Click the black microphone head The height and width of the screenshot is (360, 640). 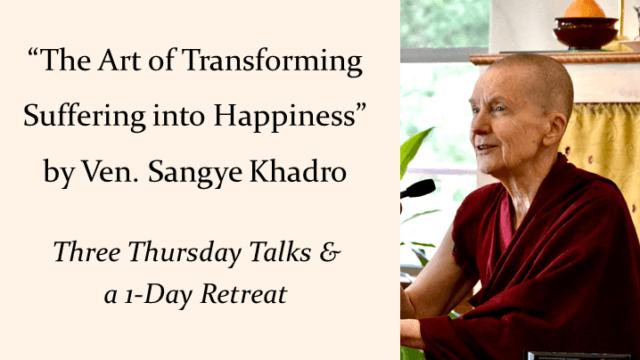click(x=419, y=188)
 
